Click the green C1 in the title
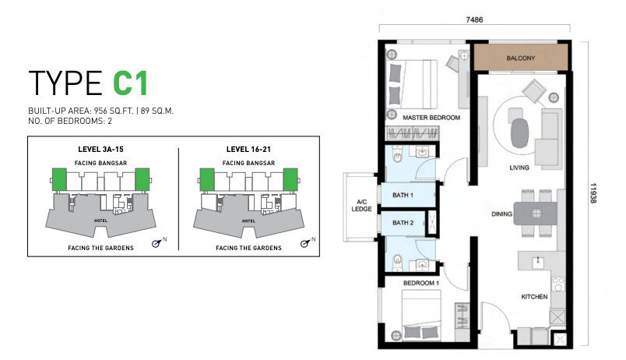(x=131, y=83)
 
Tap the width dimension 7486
(x=474, y=19)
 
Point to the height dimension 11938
(x=593, y=193)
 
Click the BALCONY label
(x=521, y=58)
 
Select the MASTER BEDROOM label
(x=431, y=118)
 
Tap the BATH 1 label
(x=403, y=195)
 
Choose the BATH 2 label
(x=403, y=223)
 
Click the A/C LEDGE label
(x=362, y=206)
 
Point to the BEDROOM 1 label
(x=420, y=283)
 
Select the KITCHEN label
(x=534, y=296)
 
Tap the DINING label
(x=501, y=214)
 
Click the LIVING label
(x=519, y=168)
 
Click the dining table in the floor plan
(x=536, y=214)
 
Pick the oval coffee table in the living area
(x=520, y=133)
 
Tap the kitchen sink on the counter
(x=538, y=262)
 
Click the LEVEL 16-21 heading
(x=248, y=150)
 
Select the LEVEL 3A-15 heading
(x=100, y=150)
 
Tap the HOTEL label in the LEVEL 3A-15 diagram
(x=100, y=221)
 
